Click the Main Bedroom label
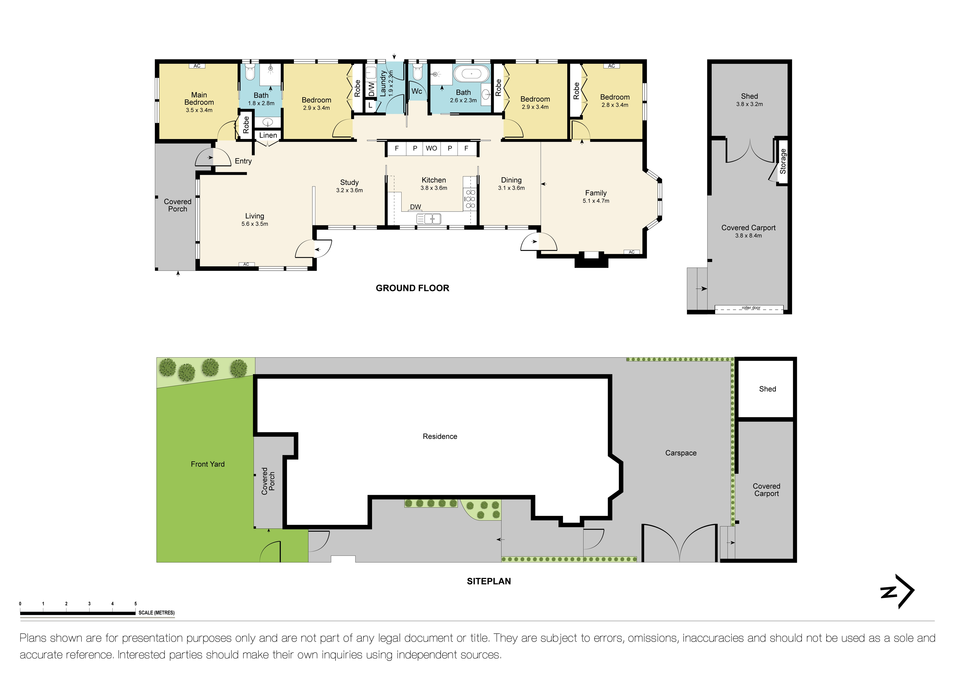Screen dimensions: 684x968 click(199, 99)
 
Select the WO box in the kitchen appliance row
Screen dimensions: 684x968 click(431, 148)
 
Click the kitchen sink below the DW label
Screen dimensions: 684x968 click(429, 219)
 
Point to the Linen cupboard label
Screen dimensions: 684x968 click(268, 135)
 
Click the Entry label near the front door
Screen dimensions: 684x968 click(243, 161)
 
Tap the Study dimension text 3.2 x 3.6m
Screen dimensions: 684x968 click(349, 190)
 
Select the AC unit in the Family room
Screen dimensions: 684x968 click(631, 252)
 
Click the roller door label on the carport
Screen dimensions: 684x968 click(751, 308)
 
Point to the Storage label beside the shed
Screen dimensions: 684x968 click(783, 161)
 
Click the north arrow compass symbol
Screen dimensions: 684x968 click(897, 591)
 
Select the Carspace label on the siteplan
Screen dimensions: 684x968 click(680, 453)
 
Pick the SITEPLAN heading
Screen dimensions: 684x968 click(489, 581)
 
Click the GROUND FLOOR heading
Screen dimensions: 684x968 click(412, 288)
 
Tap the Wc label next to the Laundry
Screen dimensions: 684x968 click(416, 91)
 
